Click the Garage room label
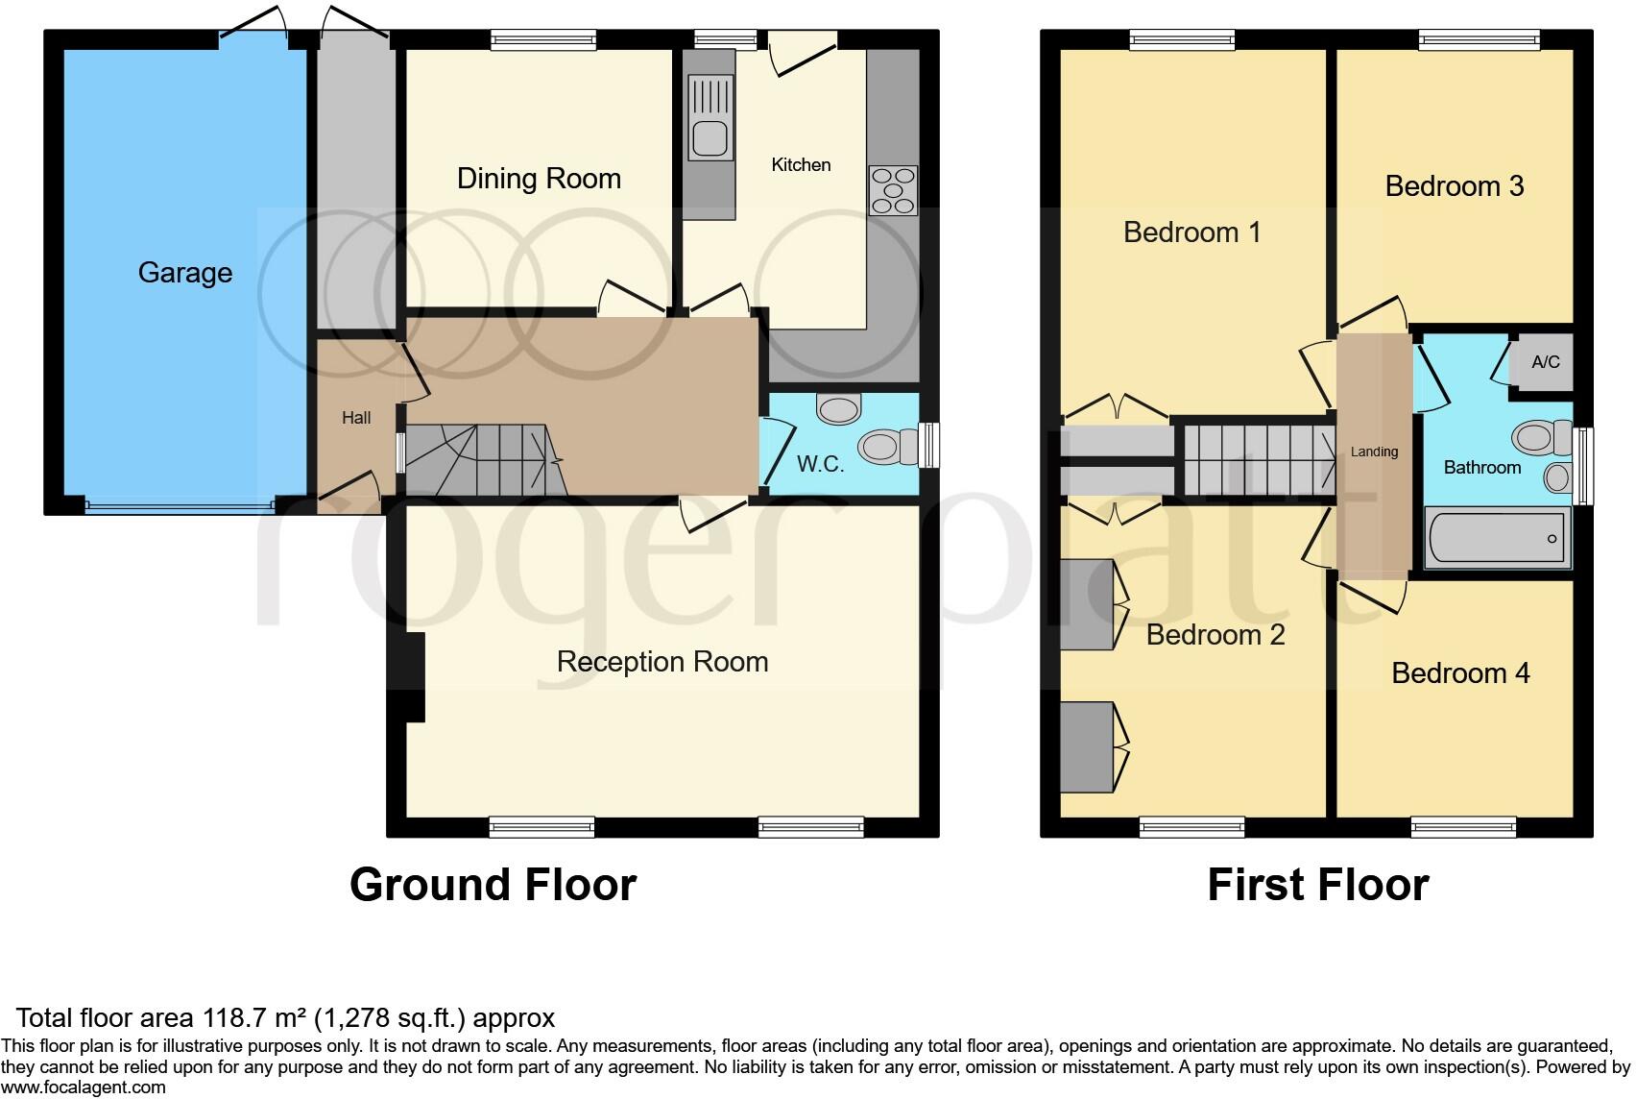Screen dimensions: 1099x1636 pyautogui.click(x=185, y=273)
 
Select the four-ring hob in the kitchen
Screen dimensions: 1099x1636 pyautogui.click(x=893, y=190)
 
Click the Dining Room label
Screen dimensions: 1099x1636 pyautogui.click(x=539, y=179)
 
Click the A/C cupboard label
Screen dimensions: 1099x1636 pyautogui.click(x=1545, y=362)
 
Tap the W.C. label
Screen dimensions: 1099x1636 pyautogui.click(x=820, y=465)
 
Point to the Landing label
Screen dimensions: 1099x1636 pyautogui.click(x=1374, y=452)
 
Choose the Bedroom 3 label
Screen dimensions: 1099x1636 pyautogui.click(x=1454, y=186)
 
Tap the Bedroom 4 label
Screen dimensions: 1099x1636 pyautogui.click(x=1459, y=673)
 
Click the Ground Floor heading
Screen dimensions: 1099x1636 pyautogui.click(x=493, y=885)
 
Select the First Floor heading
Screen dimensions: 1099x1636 pyautogui.click(x=1317, y=885)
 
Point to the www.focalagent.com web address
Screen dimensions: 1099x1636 pyautogui.click(x=84, y=1087)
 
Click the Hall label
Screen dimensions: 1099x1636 pyautogui.click(x=356, y=418)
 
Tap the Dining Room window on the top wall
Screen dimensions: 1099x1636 pyautogui.click(x=543, y=39)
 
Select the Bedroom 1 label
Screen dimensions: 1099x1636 pyautogui.click(x=1191, y=232)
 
